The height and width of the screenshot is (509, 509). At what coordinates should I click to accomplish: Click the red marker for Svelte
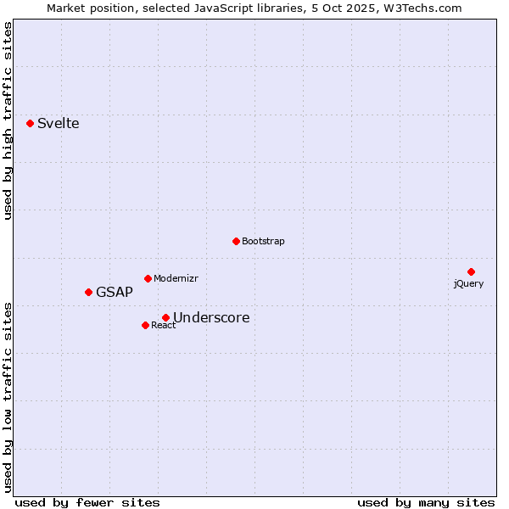[30, 123]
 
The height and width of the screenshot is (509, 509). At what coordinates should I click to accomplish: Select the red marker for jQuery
[471, 271]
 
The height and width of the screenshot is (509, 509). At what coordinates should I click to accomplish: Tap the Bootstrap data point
[236, 241]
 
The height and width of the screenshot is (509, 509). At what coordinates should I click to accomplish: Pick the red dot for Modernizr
[148, 278]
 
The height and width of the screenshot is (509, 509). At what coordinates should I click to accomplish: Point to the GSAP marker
[88, 292]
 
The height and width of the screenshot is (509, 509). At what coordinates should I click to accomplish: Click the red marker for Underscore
[165, 317]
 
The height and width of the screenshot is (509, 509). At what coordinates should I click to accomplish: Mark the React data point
[145, 325]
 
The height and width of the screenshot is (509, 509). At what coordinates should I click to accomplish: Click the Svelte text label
[58, 124]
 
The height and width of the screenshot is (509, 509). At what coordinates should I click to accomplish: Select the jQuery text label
[468, 283]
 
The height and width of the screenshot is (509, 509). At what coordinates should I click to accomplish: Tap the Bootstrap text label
[263, 241]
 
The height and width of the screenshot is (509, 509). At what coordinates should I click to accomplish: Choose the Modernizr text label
[176, 278]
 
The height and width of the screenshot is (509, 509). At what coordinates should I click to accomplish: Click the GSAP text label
[114, 293]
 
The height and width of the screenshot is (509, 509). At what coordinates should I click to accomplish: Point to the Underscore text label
[211, 318]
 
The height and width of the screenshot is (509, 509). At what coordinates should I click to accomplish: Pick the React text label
[163, 325]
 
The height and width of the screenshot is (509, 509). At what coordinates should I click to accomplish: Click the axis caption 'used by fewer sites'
[87, 502]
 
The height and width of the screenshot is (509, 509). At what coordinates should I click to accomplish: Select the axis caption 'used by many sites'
[426, 502]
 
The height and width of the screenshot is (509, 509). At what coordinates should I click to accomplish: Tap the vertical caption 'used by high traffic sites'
[8, 120]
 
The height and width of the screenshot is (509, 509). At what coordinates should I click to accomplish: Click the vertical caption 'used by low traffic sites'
[8, 396]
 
